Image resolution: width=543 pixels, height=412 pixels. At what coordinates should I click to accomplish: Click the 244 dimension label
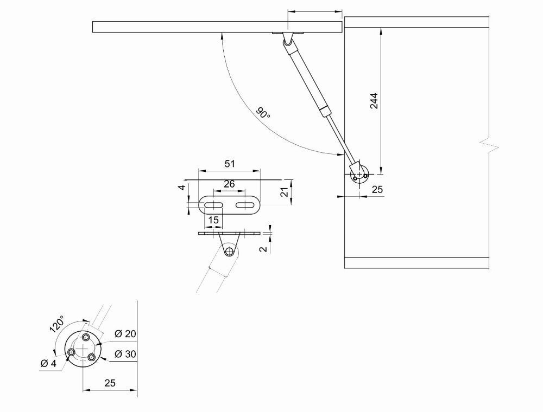pos(374,101)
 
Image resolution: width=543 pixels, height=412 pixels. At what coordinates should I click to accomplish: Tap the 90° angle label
pos(263,113)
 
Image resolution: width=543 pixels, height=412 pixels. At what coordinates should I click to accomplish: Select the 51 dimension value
pos(230,164)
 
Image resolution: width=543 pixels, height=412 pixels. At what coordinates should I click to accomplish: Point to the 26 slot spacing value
pos(229,184)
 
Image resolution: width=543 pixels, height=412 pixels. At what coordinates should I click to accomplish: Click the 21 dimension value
pos(285,192)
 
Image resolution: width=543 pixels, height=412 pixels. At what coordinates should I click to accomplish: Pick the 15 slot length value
pos(213,220)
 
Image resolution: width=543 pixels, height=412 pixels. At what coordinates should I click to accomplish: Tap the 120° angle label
pos(57,324)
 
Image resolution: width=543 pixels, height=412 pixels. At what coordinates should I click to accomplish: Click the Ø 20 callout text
pos(125,333)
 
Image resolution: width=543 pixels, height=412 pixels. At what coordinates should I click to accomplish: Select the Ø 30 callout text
pos(125,354)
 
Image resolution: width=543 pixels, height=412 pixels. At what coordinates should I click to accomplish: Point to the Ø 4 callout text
pos(48,363)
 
